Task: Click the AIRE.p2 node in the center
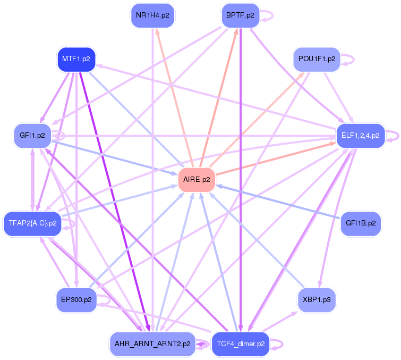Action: click(197, 180)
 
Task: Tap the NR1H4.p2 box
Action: click(152, 15)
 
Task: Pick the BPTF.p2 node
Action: click(240, 15)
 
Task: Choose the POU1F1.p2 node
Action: click(317, 59)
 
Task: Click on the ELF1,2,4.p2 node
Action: click(360, 136)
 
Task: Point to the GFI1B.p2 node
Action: click(361, 223)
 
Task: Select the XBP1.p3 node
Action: click(317, 300)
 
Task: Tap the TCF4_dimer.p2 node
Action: click(241, 344)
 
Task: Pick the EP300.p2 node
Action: click(76, 300)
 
